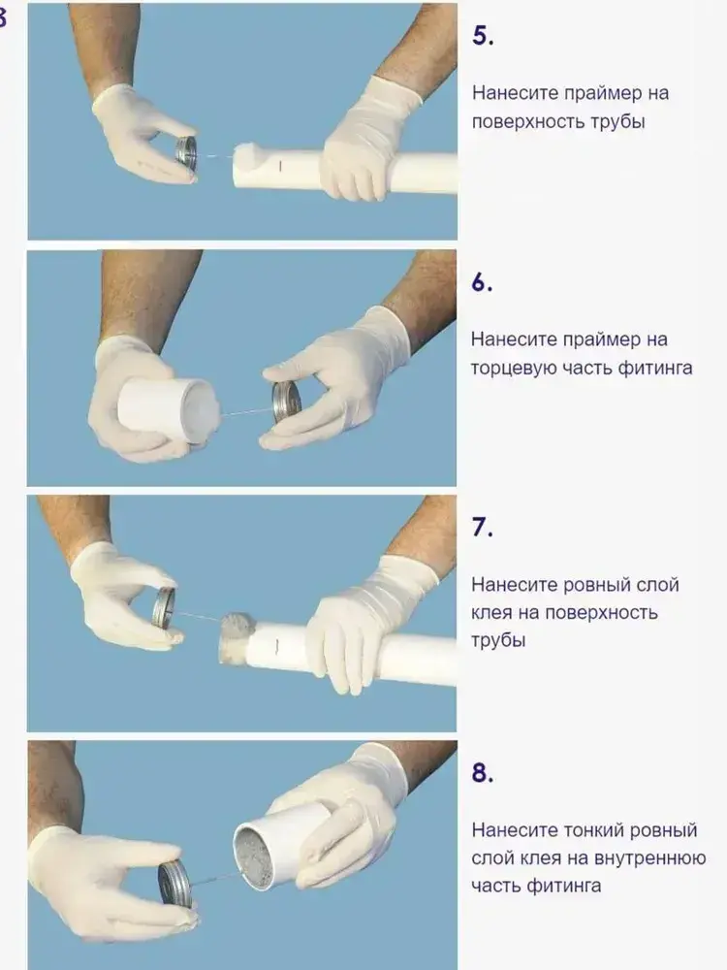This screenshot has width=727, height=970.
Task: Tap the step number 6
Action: click(x=482, y=281)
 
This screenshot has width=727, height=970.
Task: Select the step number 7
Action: click(x=482, y=527)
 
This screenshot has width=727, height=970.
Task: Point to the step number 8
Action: click(x=482, y=773)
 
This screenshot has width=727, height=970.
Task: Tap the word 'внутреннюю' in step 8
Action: click(x=650, y=858)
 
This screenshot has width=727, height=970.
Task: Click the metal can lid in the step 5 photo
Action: click(x=185, y=151)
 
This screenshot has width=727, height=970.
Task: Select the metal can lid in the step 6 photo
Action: click(x=287, y=403)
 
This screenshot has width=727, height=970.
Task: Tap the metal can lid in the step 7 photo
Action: click(x=164, y=607)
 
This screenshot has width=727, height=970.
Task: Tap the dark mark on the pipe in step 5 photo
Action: click(x=280, y=166)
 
